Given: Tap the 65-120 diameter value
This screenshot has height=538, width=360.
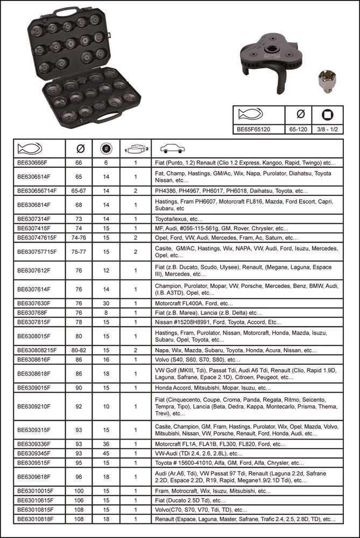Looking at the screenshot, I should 301,129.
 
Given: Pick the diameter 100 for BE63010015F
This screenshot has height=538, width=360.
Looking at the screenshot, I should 80,491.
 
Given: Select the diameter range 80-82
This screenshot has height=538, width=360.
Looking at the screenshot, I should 80,350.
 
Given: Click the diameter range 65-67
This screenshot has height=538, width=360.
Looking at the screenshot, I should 80,190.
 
